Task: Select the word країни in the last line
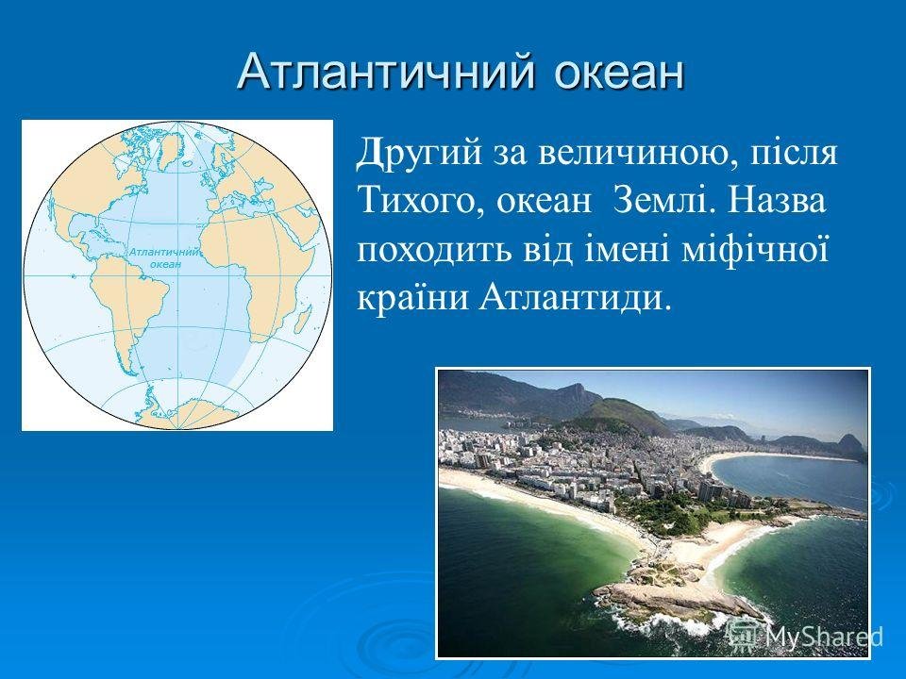click(411, 298)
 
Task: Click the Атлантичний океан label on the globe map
click(164, 258)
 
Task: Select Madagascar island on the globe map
click(305, 319)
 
